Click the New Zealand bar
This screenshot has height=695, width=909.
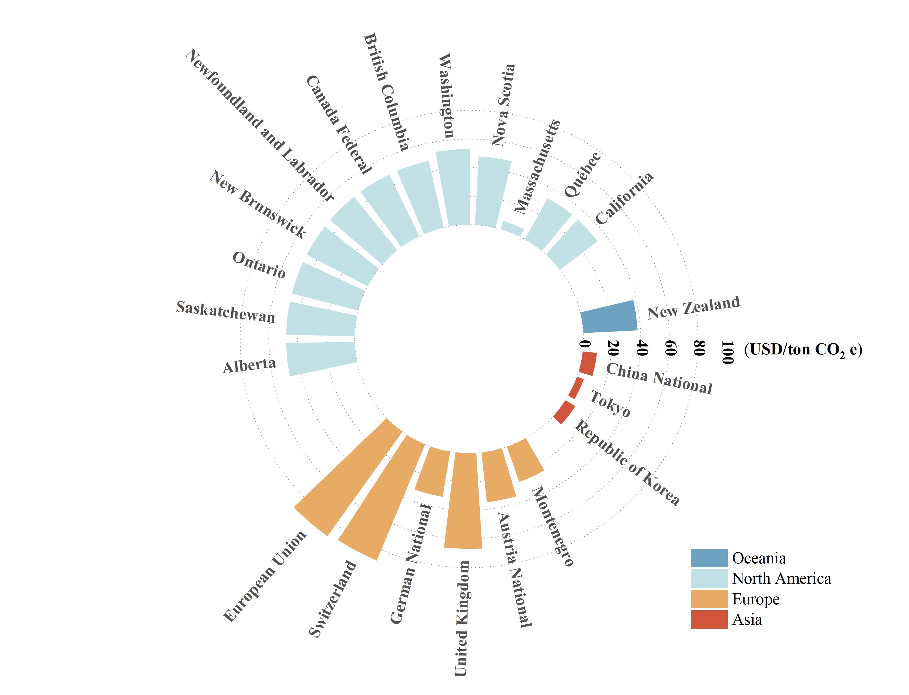pyautogui.click(x=609, y=317)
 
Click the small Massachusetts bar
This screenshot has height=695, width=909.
pyautogui.click(x=512, y=228)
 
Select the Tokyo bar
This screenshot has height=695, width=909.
pyautogui.click(x=576, y=388)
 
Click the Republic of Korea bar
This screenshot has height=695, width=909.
pyautogui.click(x=564, y=412)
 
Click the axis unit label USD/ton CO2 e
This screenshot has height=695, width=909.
pyautogui.click(x=803, y=350)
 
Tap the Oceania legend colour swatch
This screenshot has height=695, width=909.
pyautogui.click(x=709, y=558)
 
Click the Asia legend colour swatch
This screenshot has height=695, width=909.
pyautogui.click(x=709, y=619)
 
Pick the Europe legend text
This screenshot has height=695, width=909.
pyautogui.click(x=756, y=599)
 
